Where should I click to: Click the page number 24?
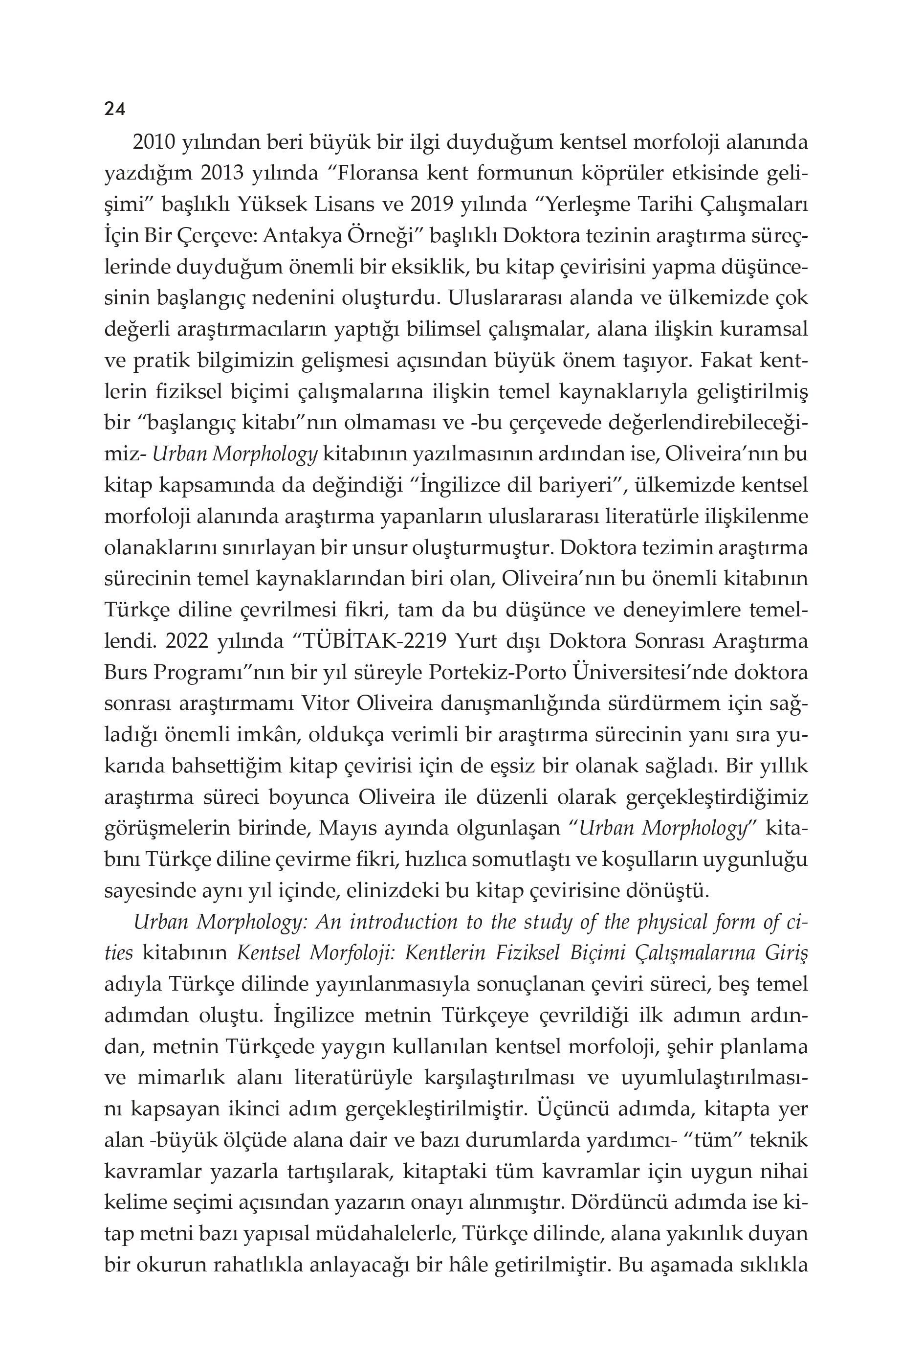click(x=114, y=109)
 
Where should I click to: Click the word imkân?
click(x=269, y=735)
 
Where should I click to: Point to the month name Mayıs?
click(x=372, y=829)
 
